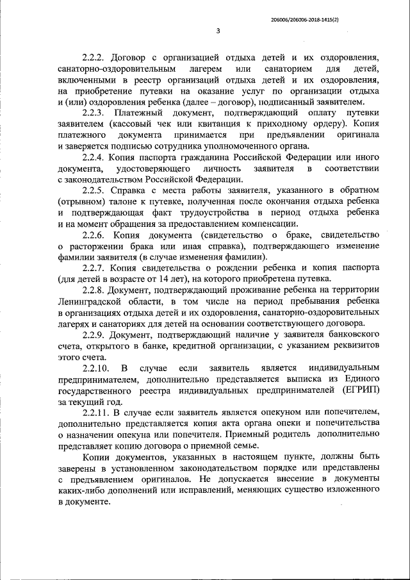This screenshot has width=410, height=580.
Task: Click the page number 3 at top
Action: coord(217,31)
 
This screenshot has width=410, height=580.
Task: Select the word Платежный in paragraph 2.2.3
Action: coord(135,113)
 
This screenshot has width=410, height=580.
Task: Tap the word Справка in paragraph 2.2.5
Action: coord(128,191)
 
